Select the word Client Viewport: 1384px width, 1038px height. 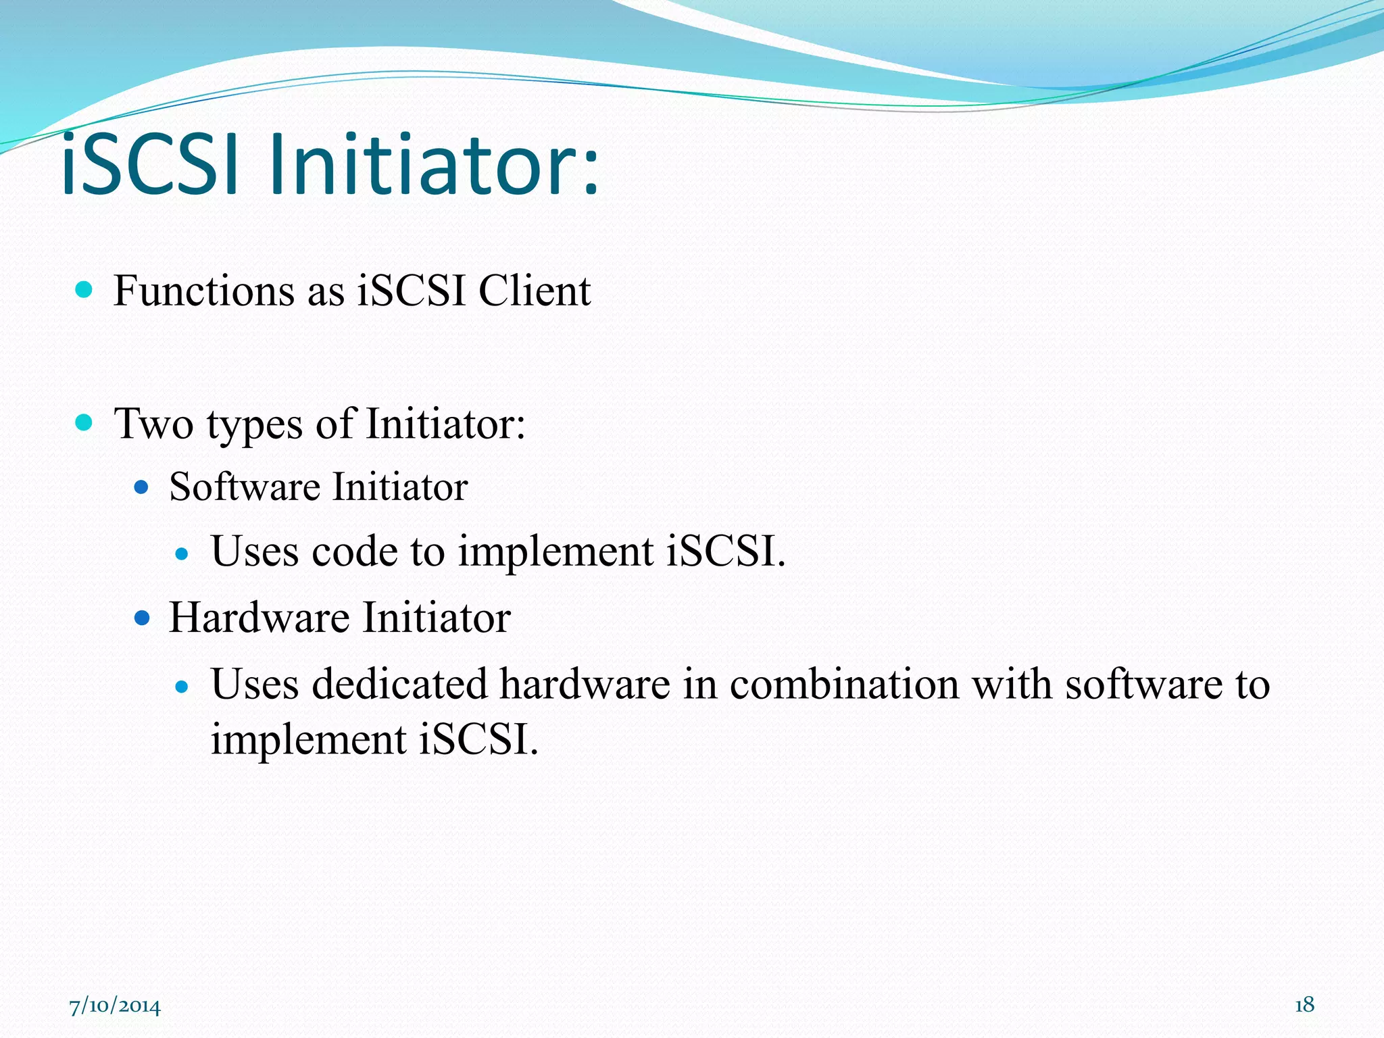535,291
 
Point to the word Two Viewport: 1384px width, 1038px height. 154,424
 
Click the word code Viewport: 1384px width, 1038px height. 354,551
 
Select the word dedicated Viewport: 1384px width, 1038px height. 399,684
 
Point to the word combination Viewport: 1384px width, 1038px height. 844,684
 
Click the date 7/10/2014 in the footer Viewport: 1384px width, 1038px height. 115,1006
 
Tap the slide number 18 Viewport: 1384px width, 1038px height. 1304,1005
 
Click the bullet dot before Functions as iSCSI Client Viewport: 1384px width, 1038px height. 84,290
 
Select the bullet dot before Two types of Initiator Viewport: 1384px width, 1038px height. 84,423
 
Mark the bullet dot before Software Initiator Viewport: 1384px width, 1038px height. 141,487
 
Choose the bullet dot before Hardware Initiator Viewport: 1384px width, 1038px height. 141,618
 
